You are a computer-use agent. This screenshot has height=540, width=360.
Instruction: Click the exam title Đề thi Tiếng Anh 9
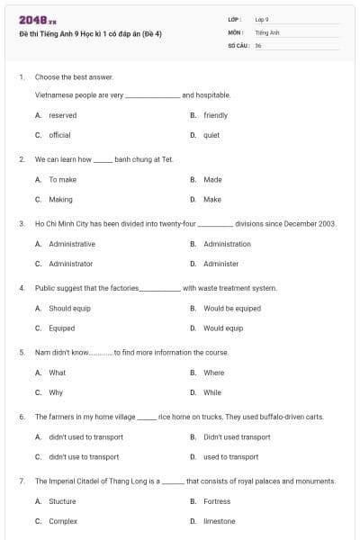[x=90, y=33]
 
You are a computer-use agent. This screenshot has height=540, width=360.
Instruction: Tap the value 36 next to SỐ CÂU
[x=258, y=45]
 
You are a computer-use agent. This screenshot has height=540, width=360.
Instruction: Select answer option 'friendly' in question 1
[x=215, y=115]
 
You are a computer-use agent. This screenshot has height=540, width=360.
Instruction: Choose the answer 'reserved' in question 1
[x=62, y=115]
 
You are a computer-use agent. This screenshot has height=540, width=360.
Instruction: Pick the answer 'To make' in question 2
[x=62, y=180]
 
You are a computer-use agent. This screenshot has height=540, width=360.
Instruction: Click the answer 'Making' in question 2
[x=60, y=199]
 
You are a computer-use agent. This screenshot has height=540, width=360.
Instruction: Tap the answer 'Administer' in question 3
[x=220, y=264]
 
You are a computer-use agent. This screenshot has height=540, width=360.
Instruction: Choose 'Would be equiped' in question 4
[x=231, y=309]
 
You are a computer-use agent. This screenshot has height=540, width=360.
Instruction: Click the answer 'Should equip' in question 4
[x=69, y=309]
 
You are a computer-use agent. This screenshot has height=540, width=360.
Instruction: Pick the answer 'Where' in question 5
[x=213, y=373]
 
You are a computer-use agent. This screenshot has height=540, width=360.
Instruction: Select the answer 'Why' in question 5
[x=56, y=392]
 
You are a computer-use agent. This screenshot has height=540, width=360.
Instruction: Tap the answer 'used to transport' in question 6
[x=230, y=456]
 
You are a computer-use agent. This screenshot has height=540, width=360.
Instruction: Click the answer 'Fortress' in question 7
[x=217, y=501]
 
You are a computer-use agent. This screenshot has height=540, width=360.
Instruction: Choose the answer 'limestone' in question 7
[x=219, y=521]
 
